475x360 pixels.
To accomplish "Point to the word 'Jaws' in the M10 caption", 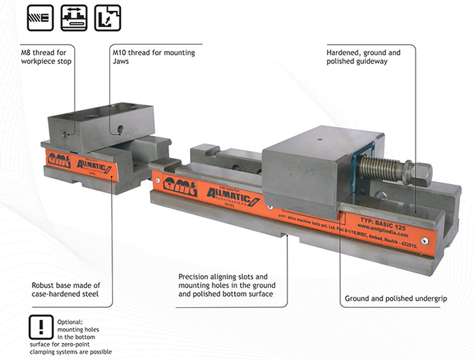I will (x=123, y=61).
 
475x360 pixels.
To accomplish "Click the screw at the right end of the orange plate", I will (x=424, y=238).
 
